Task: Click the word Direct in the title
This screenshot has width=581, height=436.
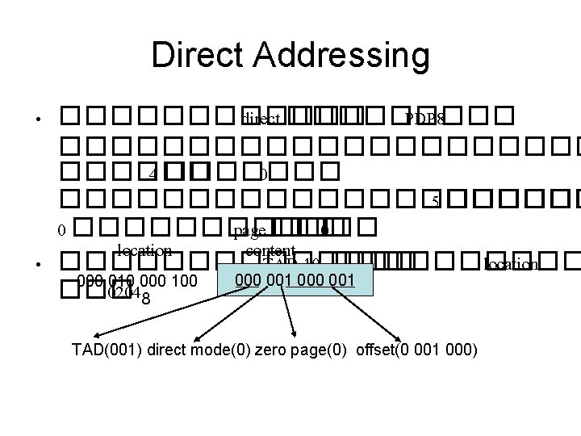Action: (x=194, y=56)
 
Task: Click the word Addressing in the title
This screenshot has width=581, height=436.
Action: (x=336, y=56)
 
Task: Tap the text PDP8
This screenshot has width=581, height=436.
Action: (x=424, y=120)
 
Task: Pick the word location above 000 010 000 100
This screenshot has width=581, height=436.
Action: (x=144, y=249)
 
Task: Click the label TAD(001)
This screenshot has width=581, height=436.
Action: (x=104, y=350)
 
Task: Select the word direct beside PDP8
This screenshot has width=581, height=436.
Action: (x=260, y=120)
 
